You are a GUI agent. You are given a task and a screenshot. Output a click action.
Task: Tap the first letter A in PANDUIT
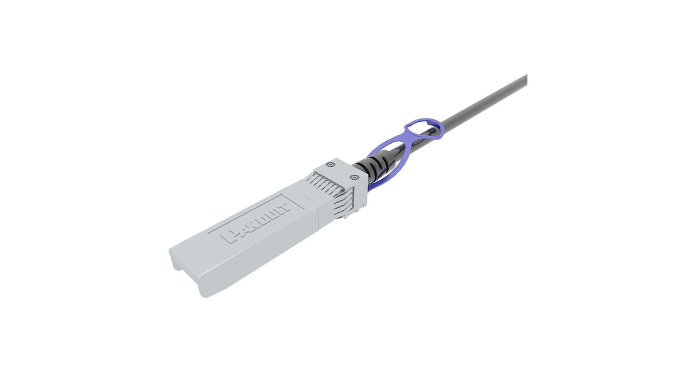(x=235, y=233)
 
